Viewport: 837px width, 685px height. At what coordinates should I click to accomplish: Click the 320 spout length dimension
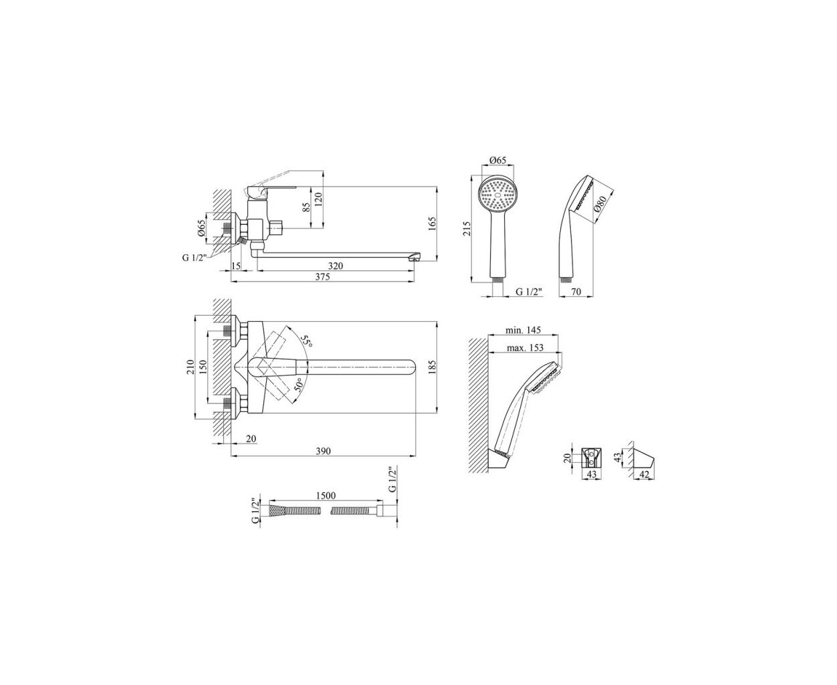click(x=336, y=266)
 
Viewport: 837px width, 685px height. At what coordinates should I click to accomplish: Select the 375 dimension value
click(x=322, y=277)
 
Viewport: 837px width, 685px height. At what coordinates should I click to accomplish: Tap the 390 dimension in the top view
click(x=323, y=451)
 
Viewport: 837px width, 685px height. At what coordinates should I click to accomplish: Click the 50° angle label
click(x=298, y=385)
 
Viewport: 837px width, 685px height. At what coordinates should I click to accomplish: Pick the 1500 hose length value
click(x=326, y=496)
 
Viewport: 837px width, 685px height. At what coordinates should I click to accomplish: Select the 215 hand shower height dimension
click(x=467, y=229)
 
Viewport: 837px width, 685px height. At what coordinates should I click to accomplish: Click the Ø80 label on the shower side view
click(x=601, y=204)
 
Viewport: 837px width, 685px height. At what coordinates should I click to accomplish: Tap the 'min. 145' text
click(x=523, y=330)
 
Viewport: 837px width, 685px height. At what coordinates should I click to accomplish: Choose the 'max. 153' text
click(x=525, y=348)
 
